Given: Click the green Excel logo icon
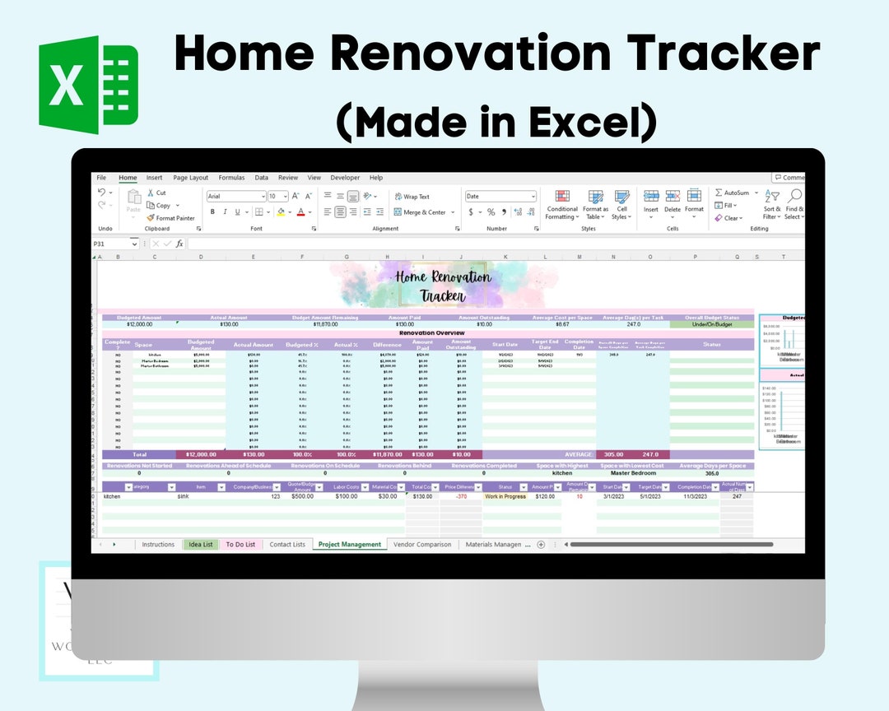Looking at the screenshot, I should (x=88, y=85).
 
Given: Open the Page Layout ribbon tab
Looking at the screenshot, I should (x=190, y=178).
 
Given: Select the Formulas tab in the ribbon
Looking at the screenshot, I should (x=231, y=178).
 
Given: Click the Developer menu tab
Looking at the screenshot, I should (x=345, y=178).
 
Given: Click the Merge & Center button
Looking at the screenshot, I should (x=424, y=212).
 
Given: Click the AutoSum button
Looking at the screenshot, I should (x=732, y=193).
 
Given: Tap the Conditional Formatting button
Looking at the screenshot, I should (x=562, y=206).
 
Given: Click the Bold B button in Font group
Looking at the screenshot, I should (x=212, y=212).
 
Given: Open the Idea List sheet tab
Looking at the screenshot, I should (x=201, y=545).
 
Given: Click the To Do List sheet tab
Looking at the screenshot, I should (x=240, y=545).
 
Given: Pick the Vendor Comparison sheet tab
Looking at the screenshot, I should (x=422, y=545).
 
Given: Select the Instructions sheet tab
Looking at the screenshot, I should (x=158, y=545).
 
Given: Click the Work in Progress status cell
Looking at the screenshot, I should (x=505, y=497).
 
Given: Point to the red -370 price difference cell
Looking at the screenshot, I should (x=461, y=497).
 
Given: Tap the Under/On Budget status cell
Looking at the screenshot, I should (x=711, y=324).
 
